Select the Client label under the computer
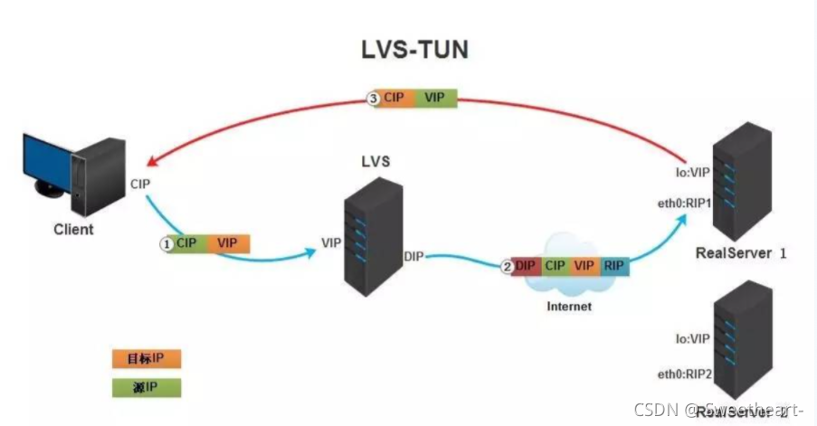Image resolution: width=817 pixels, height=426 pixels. [71, 229]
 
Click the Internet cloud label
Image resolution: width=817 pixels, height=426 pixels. [568, 307]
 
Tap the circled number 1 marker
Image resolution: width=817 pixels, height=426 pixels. [166, 243]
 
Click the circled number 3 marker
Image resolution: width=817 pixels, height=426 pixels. [372, 98]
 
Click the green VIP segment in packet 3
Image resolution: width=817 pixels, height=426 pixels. [434, 98]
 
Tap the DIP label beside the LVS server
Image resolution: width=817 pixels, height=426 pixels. [414, 259]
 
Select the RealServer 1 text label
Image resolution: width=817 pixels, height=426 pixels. [741, 254]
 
